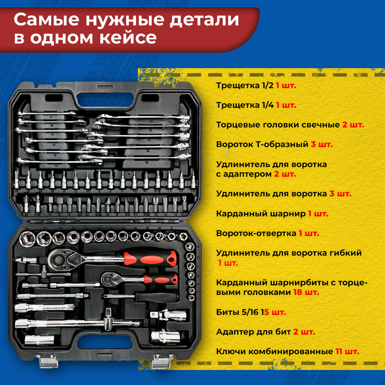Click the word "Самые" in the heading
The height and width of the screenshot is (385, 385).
click(x=47, y=20)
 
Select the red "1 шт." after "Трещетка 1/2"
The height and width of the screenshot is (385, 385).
click(x=286, y=85)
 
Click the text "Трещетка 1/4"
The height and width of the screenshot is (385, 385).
click(x=245, y=105)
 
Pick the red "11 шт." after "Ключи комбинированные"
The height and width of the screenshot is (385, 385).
click(x=347, y=352)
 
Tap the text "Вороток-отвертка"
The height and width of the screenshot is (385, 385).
click(x=256, y=233)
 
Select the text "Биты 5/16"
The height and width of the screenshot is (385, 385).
click(x=237, y=312)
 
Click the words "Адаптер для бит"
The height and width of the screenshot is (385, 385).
click(x=253, y=332)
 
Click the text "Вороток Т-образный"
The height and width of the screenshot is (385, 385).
click(x=262, y=144)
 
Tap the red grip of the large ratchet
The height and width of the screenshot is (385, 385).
click(x=150, y=259)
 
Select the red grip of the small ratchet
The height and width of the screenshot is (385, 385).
click(x=161, y=279)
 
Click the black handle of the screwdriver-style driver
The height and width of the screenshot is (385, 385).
click(x=157, y=297)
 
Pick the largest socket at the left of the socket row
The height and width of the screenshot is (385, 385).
click(x=27, y=239)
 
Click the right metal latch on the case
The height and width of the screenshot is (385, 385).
click(x=162, y=361)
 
